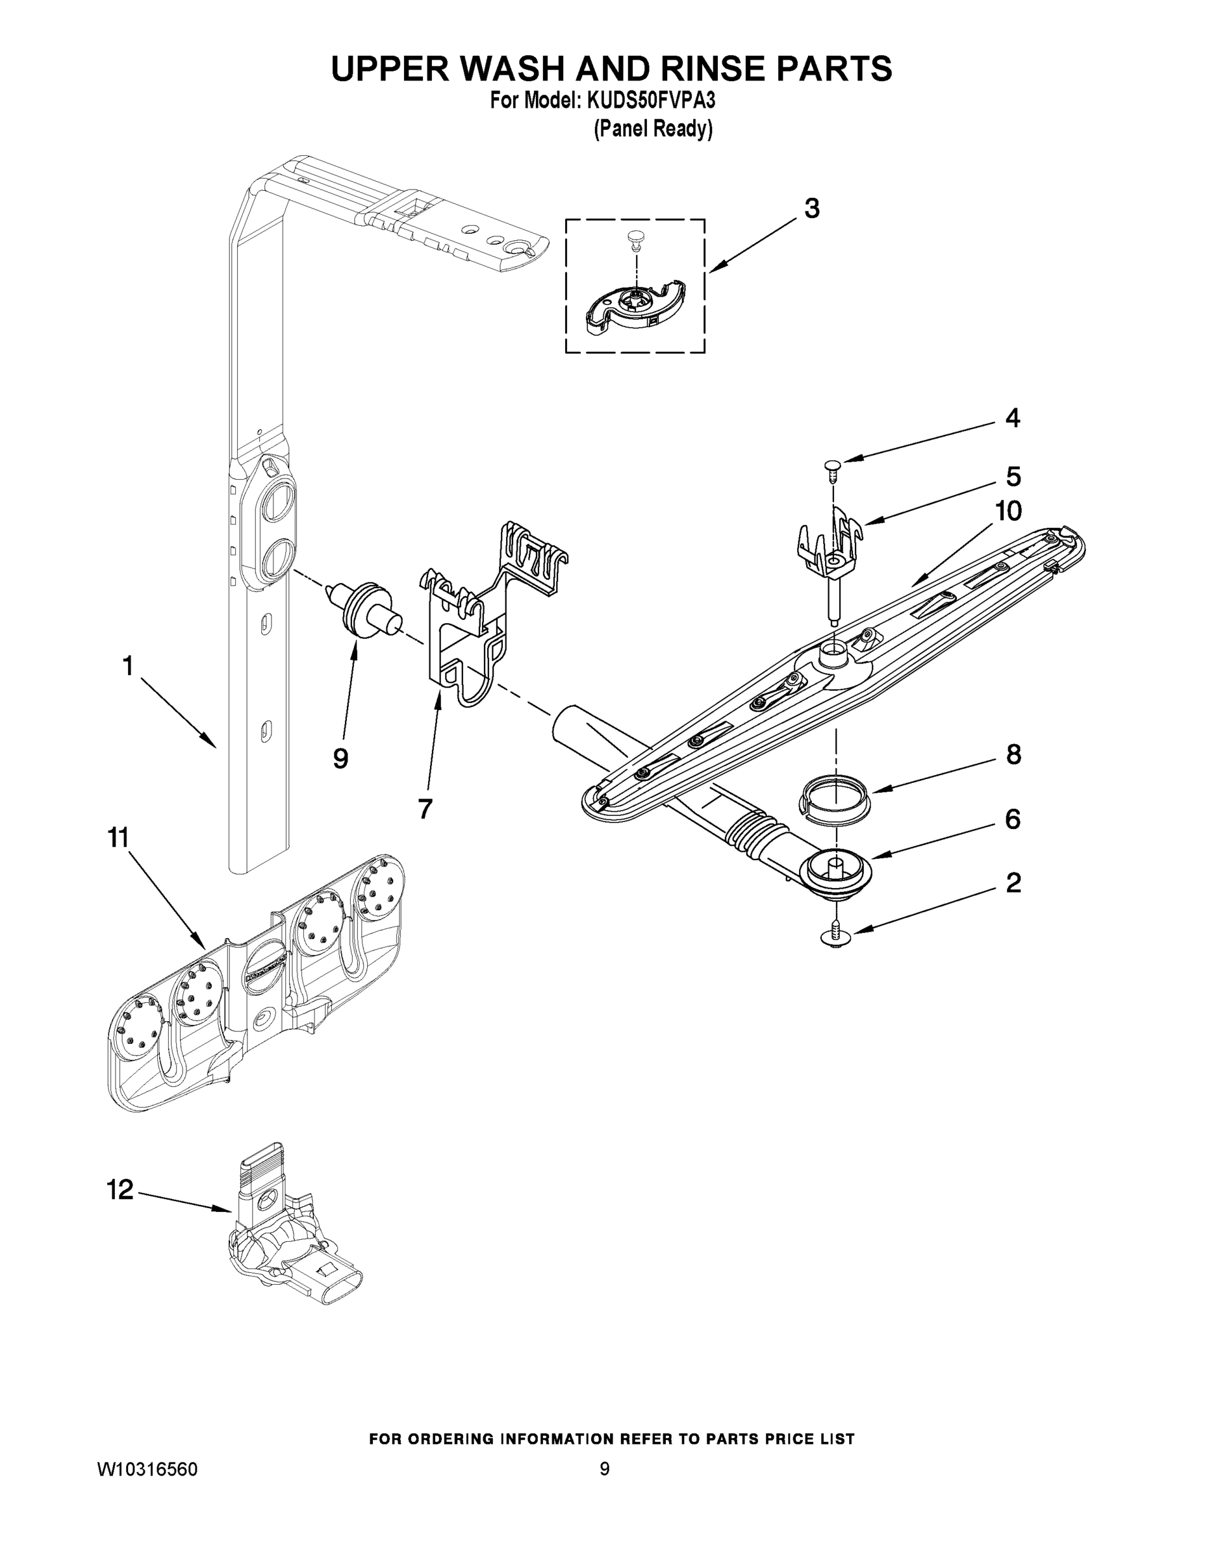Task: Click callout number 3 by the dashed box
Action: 811,208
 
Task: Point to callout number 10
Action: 1009,511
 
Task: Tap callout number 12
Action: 120,1189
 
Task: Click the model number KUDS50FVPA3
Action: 650,101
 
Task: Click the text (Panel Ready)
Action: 653,129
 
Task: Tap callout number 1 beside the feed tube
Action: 128,666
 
